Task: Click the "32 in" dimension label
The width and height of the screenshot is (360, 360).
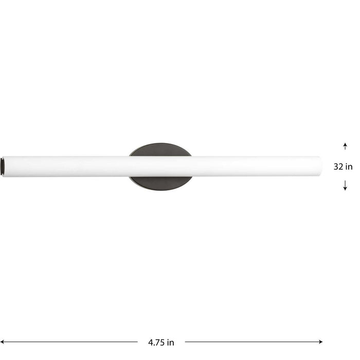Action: point(343,167)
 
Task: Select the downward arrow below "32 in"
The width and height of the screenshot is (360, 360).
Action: point(345,186)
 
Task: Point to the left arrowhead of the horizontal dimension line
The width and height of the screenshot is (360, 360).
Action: point(3,341)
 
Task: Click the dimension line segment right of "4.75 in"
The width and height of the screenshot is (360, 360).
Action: point(252,341)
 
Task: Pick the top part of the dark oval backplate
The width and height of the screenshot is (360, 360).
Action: point(160,150)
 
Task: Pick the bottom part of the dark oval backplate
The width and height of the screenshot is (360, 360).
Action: point(160,182)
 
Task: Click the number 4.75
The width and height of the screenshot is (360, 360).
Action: point(155,342)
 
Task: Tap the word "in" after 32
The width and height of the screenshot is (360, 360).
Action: point(349,167)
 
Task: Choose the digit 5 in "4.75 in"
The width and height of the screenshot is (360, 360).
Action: point(161,342)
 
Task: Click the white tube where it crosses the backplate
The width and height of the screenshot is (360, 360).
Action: point(160,166)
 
